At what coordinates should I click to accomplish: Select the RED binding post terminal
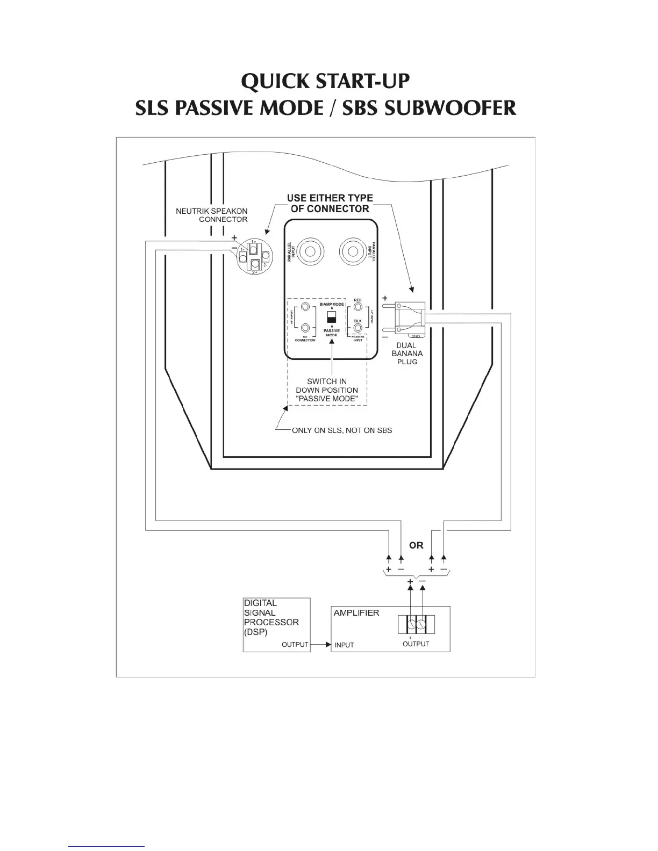pyautogui.click(x=358, y=308)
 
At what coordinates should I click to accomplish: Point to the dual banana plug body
pyautogui.click(x=410, y=319)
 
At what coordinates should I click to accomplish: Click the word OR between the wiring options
pyautogui.click(x=416, y=545)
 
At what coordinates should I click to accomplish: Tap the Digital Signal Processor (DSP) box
pyautogui.click(x=277, y=625)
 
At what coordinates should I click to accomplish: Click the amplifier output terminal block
pyautogui.click(x=416, y=625)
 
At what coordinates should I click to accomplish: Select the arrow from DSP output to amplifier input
pyautogui.click(x=320, y=644)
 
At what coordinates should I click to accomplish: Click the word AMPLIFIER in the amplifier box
pyautogui.click(x=356, y=613)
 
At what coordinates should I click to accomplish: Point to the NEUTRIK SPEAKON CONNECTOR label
pyautogui.click(x=212, y=215)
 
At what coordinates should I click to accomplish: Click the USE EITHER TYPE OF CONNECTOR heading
pyautogui.click(x=330, y=204)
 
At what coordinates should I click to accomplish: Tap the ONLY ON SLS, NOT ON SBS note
pyautogui.click(x=341, y=430)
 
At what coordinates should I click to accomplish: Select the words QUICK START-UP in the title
pyautogui.click(x=325, y=82)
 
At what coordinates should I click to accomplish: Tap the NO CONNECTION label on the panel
pyautogui.click(x=305, y=338)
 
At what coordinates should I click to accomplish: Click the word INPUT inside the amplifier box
pyautogui.click(x=344, y=645)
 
